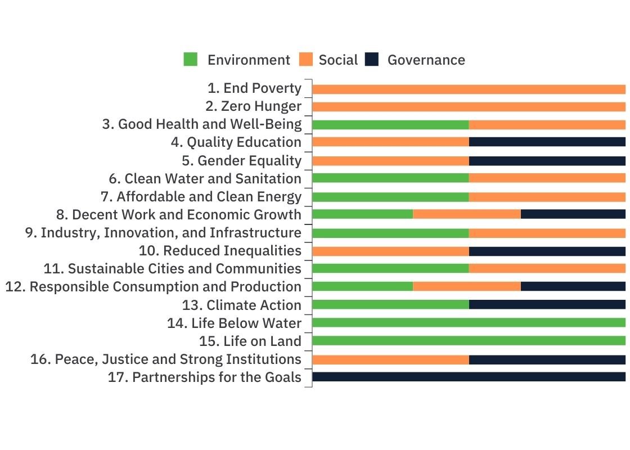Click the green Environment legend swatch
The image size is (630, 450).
pyautogui.click(x=191, y=60)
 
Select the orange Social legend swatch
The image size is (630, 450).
pyautogui.click(x=306, y=60)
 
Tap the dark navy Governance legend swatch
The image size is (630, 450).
pyautogui.click(x=372, y=60)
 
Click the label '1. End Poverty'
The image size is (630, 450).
pyautogui.click(x=254, y=88)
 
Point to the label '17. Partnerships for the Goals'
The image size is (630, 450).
pyautogui.click(x=205, y=377)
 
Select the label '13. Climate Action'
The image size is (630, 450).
pyautogui.click(x=242, y=305)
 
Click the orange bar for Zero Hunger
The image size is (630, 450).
pyautogui.click(x=469, y=107)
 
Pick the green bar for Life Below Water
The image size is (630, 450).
pyautogui.click(x=469, y=323)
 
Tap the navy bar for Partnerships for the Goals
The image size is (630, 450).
pyautogui.click(x=469, y=377)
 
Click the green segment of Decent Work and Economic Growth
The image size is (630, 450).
pyautogui.click(x=362, y=214)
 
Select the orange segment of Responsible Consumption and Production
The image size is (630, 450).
pyautogui.click(x=466, y=286)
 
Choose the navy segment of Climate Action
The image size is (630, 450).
pyautogui.click(x=547, y=304)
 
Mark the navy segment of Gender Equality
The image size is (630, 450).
pyautogui.click(x=547, y=161)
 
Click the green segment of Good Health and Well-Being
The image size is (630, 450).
pyautogui.click(x=390, y=125)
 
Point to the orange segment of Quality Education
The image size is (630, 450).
pyautogui.click(x=390, y=142)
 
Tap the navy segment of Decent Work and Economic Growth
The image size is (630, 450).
pyautogui.click(x=573, y=214)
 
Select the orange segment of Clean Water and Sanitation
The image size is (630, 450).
pyautogui.click(x=547, y=178)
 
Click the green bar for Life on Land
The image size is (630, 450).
pyautogui.click(x=469, y=341)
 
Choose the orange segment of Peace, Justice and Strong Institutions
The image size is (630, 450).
pyautogui.click(x=390, y=359)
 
